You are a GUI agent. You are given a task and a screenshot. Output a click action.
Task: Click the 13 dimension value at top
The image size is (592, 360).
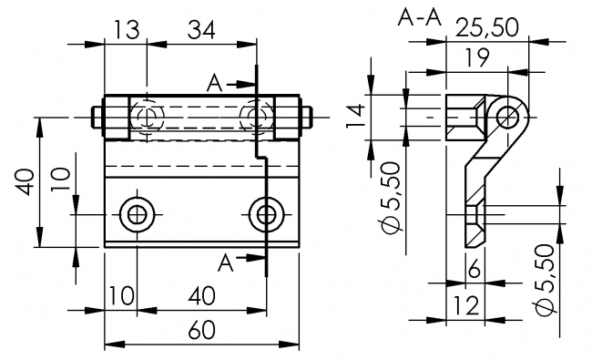(126, 29)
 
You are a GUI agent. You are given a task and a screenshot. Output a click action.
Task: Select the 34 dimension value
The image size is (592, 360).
(201, 29)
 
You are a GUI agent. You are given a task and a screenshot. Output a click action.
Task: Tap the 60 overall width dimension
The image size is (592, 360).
(202, 330)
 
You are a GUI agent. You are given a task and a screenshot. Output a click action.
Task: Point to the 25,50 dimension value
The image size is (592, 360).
(487, 27)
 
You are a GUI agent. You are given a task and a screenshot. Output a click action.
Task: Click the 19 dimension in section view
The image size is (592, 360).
(477, 57)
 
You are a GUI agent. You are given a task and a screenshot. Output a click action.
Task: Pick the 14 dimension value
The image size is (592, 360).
(356, 116)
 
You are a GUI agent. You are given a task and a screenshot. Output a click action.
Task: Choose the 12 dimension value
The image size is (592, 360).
(466, 305)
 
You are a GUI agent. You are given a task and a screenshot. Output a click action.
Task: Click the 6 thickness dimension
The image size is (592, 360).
(475, 270)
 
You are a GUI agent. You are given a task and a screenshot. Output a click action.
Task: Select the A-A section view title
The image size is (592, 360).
(420, 17)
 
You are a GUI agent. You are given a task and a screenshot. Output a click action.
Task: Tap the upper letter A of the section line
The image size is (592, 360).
(214, 83)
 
